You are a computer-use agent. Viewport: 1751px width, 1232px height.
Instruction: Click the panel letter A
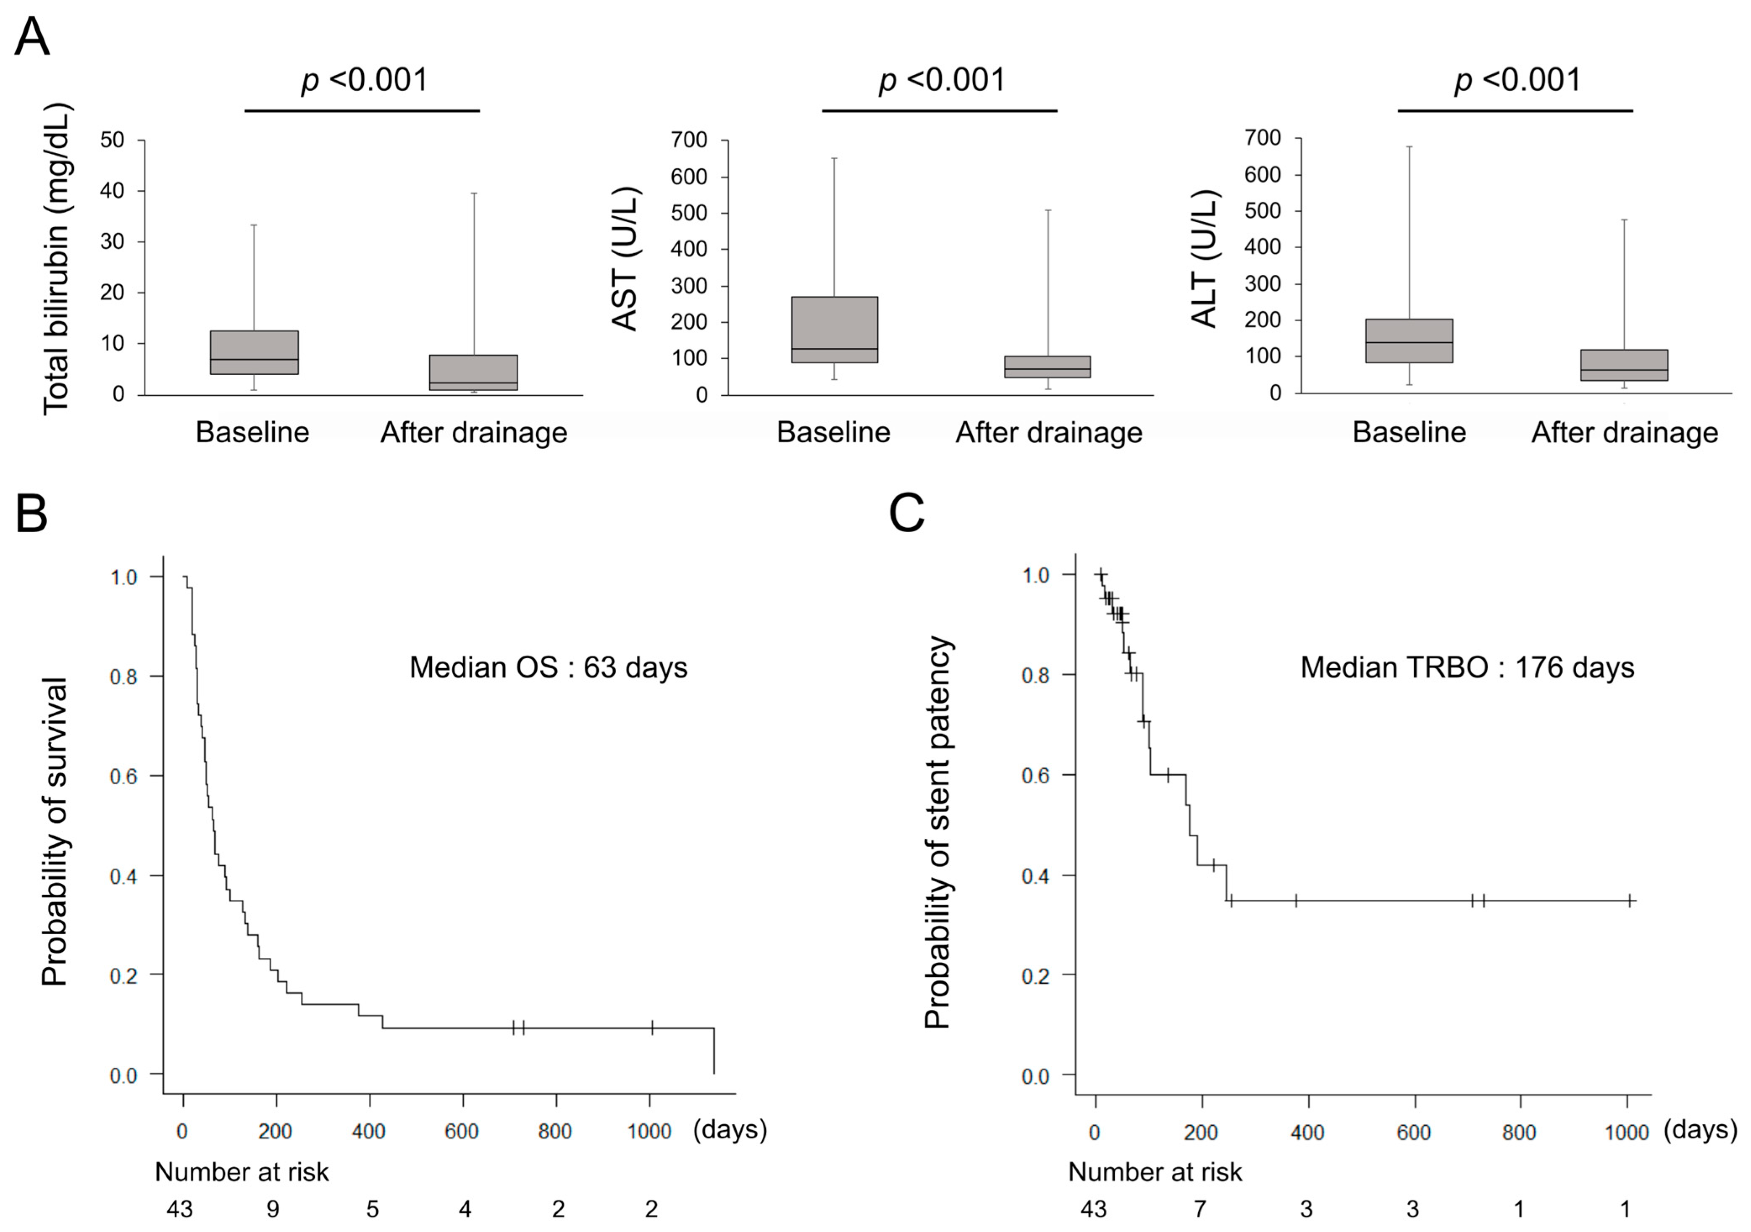(x=32, y=35)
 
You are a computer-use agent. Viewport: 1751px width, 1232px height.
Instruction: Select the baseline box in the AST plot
(x=834, y=330)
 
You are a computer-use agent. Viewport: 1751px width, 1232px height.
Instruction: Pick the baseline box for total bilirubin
(x=254, y=352)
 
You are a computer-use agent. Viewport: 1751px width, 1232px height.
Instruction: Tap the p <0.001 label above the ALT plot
(x=1517, y=80)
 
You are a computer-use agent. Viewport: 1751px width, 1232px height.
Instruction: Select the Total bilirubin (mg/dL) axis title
(x=56, y=259)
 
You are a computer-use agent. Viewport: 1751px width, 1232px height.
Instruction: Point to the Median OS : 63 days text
(x=549, y=667)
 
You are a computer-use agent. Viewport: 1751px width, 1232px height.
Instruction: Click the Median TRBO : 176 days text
(x=1467, y=667)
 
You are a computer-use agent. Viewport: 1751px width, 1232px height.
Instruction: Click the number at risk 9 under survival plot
(x=273, y=1209)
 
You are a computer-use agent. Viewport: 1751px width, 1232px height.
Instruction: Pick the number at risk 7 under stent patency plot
(x=1200, y=1209)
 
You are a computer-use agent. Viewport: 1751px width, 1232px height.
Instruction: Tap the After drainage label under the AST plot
(x=1049, y=433)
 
